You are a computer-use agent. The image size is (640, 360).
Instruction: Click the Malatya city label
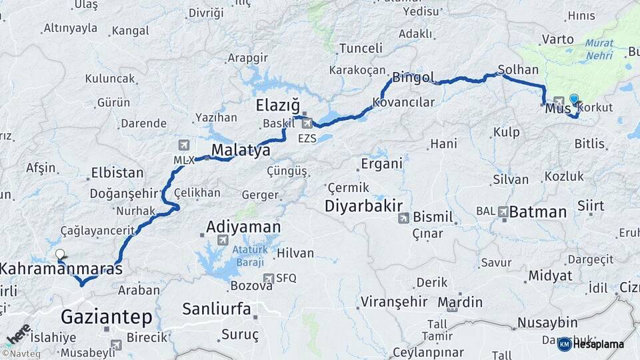pos(241,150)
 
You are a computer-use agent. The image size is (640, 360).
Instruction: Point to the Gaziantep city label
pos(107,316)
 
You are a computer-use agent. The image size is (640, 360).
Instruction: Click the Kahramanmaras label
pos(61,269)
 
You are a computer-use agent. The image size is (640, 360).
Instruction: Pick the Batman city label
pos(539,212)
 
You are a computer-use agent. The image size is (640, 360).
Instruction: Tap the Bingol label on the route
pos(413,77)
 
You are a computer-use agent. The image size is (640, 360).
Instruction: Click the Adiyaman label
pos(243,227)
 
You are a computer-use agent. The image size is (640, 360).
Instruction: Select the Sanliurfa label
pos(217,309)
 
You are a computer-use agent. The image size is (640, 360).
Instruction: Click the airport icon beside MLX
pos(184,145)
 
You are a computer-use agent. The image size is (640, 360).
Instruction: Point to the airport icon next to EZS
pos(307,123)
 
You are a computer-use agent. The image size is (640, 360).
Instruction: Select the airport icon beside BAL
pos(503,211)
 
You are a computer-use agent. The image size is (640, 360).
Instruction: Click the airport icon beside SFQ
pos(268,278)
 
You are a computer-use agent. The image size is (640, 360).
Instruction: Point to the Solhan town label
pos(518,69)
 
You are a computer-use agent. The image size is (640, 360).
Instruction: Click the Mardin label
pos(460,302)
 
